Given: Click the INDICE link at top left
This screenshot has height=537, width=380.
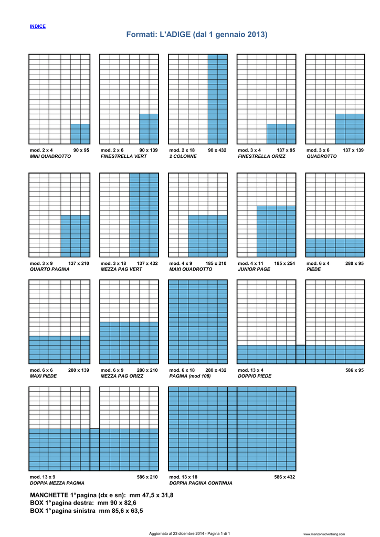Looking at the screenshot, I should [38, 26].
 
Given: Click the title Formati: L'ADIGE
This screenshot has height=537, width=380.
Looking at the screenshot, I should [196, 35].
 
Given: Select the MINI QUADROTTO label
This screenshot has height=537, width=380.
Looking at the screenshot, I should [50, 156].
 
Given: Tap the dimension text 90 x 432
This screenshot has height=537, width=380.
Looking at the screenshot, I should [217, 150].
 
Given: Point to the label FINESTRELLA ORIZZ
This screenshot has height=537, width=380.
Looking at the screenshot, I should [262, 156].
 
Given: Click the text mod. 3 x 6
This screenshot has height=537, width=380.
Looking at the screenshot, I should [318, 150].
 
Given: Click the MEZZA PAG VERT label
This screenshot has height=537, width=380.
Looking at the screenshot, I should [121, 269].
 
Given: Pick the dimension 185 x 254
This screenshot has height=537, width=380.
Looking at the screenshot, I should [284, 263].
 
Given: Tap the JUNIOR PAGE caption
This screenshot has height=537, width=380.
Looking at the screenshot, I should [254, 269].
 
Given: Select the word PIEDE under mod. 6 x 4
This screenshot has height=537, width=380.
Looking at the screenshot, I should [314, 269].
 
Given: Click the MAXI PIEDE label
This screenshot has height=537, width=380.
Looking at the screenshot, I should [43, 376].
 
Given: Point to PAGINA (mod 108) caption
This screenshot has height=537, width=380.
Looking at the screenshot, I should [190, 376].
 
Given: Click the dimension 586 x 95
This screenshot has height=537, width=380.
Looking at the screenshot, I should [354, 370].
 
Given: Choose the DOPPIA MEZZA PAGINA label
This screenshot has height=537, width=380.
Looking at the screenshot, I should [57, 483].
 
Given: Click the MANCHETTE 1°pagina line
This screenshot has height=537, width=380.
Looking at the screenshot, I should [102, 495].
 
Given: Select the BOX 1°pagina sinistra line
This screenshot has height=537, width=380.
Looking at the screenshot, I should [87, 510].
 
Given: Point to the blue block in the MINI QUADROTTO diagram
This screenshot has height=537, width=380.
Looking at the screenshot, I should [80, 134].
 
